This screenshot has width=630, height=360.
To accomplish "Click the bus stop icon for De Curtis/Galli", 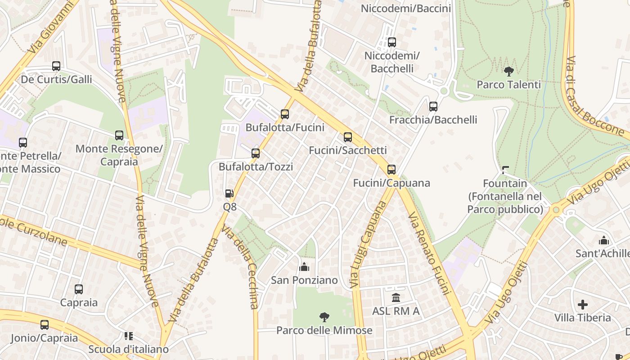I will (56, 66).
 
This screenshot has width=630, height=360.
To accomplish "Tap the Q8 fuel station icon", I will (229, 193).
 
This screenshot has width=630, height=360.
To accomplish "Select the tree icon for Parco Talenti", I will (509, 72).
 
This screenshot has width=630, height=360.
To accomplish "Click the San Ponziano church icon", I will (304, 267).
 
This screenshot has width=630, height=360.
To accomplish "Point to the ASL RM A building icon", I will (396, 297).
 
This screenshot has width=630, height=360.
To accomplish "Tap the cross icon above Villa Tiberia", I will (583, 305).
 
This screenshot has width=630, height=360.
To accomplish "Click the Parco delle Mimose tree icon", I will (324, 317).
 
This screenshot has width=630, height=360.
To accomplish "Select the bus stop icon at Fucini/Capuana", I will (391, 170).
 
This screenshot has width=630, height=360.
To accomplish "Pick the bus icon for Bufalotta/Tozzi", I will (256, 153).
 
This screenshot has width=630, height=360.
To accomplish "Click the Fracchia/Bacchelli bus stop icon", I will (433, 107).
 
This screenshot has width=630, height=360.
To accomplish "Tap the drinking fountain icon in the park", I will (505, 170).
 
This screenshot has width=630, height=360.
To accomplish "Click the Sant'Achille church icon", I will (603, 240).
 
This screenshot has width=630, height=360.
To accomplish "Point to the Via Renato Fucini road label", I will (429, 254).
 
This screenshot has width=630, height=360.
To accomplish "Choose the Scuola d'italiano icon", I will (129, 336).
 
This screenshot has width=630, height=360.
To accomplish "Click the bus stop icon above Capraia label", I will (79, 289).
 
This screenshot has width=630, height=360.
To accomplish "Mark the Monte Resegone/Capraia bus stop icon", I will (119, 135).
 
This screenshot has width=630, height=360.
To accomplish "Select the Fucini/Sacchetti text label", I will (347, 150).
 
